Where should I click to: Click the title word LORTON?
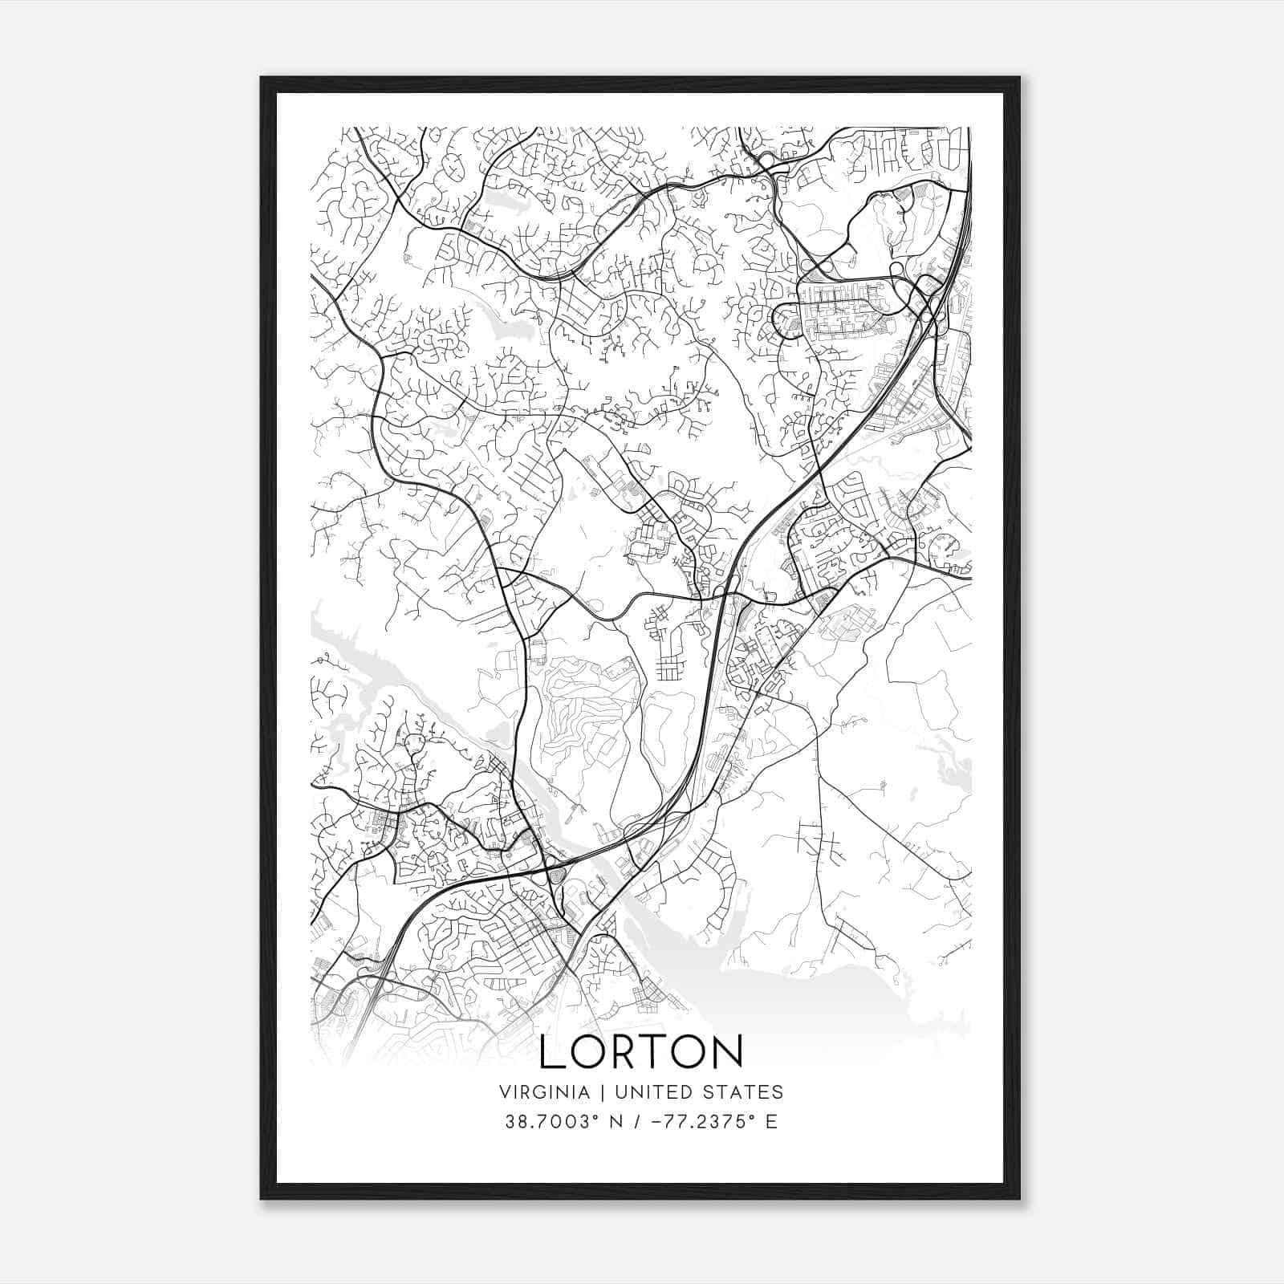[640, 1051]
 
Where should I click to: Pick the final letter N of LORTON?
[725, 1051]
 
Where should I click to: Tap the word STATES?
[747, 1091]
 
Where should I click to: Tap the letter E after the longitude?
[771, 1121]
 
